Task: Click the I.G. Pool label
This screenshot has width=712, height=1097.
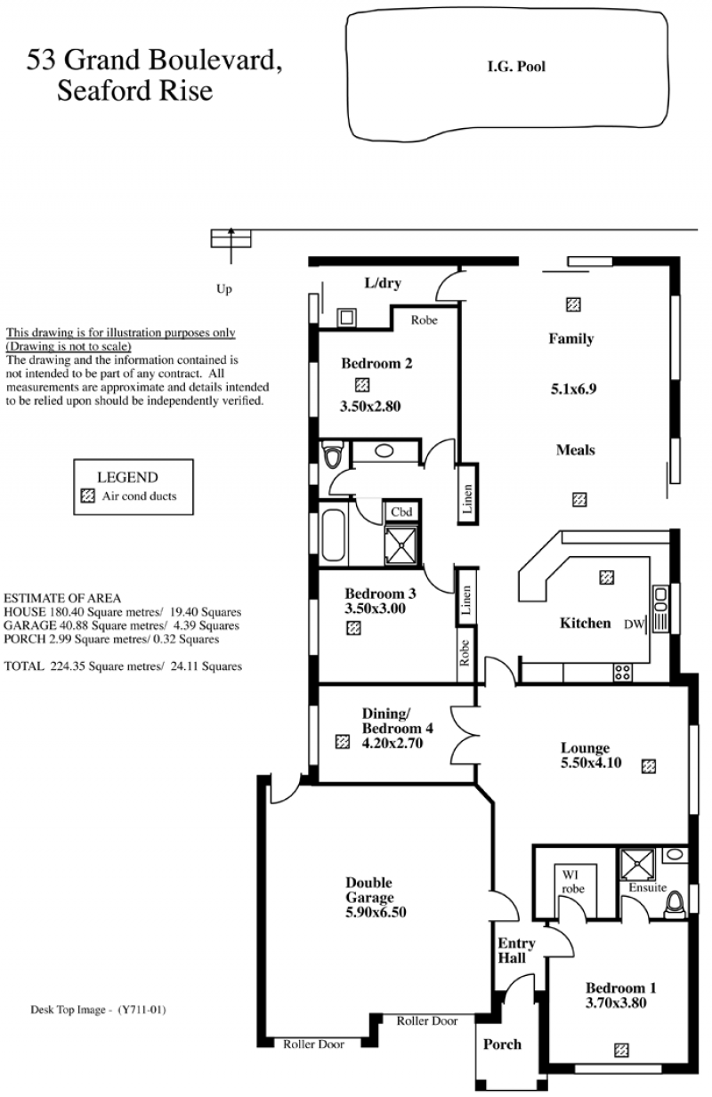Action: pos(516,67)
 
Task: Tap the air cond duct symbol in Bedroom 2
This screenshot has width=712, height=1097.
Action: pos(362,385)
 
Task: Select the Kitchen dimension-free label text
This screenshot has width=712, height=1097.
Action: pos(585,624)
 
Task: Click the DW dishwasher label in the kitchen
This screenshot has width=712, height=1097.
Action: pos(634,625)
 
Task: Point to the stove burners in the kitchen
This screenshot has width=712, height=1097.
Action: pos(622,673)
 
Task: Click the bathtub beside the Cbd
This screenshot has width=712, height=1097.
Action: pos(333,535)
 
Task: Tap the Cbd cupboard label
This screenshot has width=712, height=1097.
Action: pos(401,512)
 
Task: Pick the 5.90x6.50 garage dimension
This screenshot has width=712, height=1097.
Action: pos(376,912)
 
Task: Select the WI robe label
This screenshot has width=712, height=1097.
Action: pos(573,882)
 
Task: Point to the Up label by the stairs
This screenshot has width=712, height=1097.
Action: pos(224,289)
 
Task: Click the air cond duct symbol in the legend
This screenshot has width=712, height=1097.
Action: pos(87,496)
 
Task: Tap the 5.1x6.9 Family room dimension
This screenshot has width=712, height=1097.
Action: pos(574,390)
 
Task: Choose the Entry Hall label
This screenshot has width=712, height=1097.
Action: pos(516,950)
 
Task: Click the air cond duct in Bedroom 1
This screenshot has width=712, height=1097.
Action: pos(621,1050)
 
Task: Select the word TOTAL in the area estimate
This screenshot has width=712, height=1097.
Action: pos(24,666)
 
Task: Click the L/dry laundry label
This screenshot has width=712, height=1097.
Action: pos(383,283)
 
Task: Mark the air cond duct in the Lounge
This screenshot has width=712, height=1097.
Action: pos(649,766)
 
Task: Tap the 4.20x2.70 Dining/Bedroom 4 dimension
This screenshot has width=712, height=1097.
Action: pos(392,743)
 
